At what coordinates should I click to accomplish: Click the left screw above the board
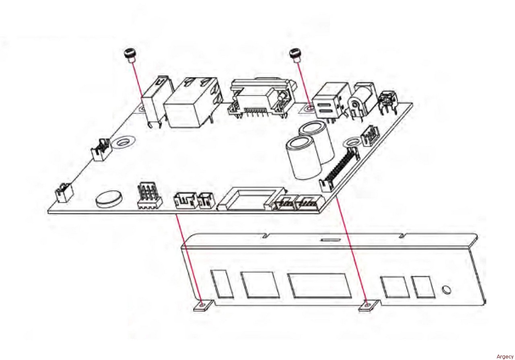(x=130, y=56)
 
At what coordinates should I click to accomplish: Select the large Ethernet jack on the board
(x=193, y=103)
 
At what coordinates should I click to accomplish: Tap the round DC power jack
(x=362, y=101)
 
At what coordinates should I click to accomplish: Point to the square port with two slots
(x=329, y=103)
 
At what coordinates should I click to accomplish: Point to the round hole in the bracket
(x=446, y=290)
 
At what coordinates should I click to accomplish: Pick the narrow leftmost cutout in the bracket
(x=222, y=284)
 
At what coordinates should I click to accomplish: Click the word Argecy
(x=505, y=356)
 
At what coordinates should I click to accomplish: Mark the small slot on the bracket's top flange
(x=330, y=240)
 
